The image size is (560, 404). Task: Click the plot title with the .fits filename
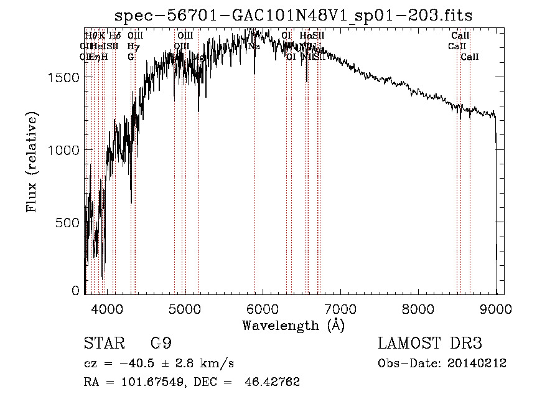pos(298,15)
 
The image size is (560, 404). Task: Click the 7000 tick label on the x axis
pos(340,308)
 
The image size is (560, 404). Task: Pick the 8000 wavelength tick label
pos(418,308)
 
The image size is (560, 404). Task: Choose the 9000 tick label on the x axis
pos(496,308)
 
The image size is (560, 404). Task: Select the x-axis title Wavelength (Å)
pos(293,325)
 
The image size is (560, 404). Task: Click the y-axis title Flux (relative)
pos(32,162)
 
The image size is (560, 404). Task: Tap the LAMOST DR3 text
pos(430,344)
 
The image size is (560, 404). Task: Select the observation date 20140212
pos(477,364)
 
